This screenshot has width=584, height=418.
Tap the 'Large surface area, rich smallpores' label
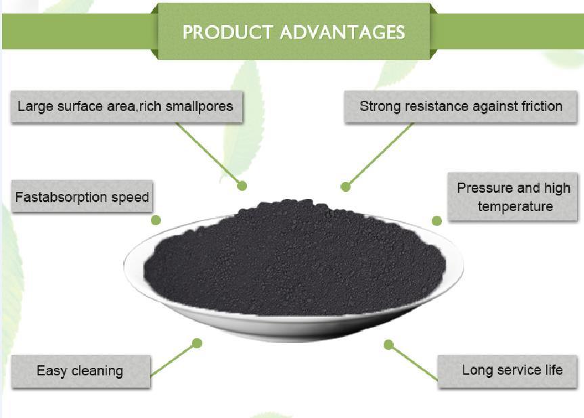(126, 106)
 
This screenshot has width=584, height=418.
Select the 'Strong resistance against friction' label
(460, 106)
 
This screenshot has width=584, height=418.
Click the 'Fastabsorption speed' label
(82, 198)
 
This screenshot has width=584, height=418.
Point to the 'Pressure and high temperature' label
(514, 197)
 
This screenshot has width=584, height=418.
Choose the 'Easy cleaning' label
(80, 371)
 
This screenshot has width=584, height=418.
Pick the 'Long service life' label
(512, 370)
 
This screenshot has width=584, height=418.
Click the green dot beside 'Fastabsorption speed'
(156, 220)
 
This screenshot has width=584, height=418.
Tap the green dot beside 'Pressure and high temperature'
(436, 220)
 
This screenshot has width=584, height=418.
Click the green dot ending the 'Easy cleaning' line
(197, 343)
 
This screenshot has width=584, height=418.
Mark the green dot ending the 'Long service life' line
(388, 344)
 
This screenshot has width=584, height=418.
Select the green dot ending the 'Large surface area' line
(242, 185)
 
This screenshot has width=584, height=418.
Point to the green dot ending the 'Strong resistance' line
(346, 187)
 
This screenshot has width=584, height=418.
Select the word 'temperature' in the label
(515, 206)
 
